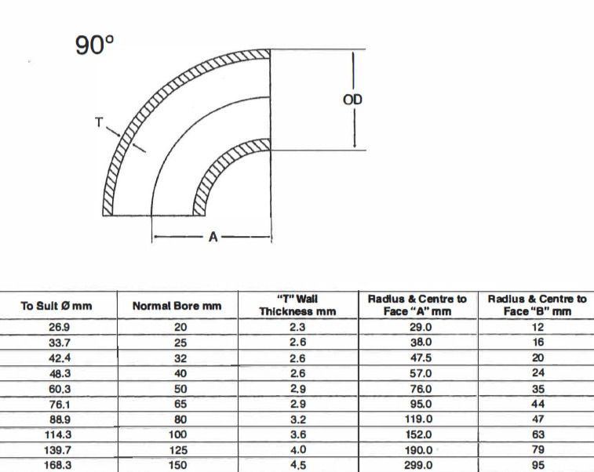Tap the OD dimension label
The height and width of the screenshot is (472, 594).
click(x=353, y=100)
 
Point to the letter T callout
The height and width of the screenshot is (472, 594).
click(x=99, y=122)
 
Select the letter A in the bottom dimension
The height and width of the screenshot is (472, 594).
click(x=212, y=237)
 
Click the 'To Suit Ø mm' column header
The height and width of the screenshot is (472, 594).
click(x=56, y=305)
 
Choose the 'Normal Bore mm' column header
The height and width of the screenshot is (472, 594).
click(x=177, y=305)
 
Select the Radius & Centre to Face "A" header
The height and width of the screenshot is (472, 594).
click(x=417, y=305)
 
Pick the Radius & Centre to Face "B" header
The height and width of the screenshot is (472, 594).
click(x=537, y=305)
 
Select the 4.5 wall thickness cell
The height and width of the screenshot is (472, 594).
click(x=298, y=464)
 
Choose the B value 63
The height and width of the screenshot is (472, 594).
click(x=538, y=434)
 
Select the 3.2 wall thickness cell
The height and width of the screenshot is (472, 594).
click(x=298, y=419)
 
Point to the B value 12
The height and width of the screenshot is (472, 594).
click(x=538, y=327)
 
